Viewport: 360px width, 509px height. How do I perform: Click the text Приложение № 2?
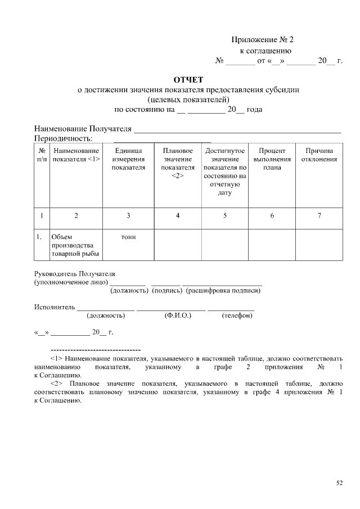[x=263, y=40]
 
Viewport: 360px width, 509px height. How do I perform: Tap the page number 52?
[x=339, y=483]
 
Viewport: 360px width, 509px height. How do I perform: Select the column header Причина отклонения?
[x=319, y=155]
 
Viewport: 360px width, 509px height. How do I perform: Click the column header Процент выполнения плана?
[x=272, y=159]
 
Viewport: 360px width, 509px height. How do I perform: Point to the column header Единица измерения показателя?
[x=128, y=159]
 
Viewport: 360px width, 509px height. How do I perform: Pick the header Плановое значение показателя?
[x=178, y=163]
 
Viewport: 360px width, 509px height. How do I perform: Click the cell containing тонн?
[x=128, y=237]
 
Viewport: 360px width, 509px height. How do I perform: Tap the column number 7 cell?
[x=319, y=215]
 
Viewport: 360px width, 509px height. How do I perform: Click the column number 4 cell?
[x=178, y=215]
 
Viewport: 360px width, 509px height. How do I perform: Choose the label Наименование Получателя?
[x=83, y=129]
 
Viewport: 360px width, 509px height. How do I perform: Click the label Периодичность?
[x=63, y=138]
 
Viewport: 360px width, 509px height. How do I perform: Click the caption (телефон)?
[x=237, y=316]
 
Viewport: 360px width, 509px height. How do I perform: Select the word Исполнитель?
[x=54, y=308]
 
